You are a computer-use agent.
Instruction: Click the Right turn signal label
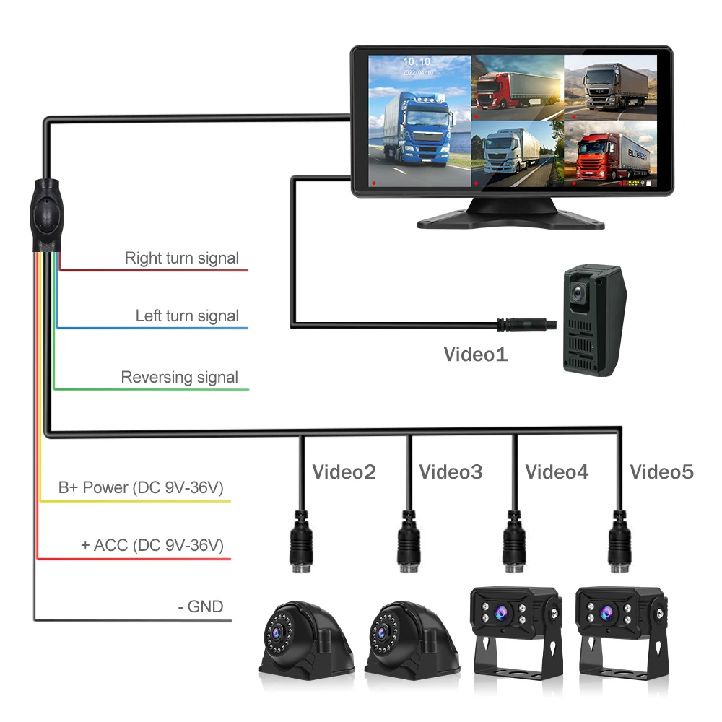[181, 258]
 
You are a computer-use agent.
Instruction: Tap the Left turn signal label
[187, 316]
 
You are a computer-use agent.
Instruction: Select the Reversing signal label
[179, 377]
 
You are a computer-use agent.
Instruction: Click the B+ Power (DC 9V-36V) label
[142, 487]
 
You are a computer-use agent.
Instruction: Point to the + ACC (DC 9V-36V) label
[152, 544]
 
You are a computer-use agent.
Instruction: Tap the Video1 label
[475, 355]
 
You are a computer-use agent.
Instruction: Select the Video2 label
[344, 472]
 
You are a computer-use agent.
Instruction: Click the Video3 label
[451, 472]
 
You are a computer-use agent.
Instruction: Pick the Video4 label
[557, 472]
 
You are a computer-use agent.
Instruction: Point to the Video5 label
[661, 472]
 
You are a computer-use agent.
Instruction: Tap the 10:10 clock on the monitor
[417, 62]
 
